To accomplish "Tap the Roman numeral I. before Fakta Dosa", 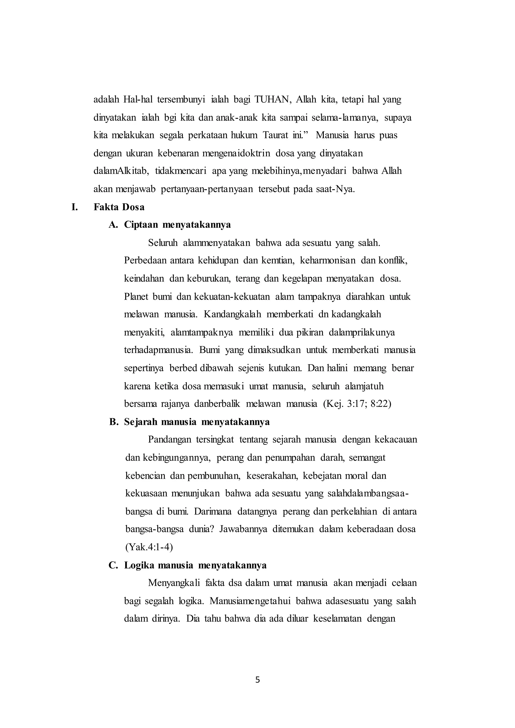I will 75,207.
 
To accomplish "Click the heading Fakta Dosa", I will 119,207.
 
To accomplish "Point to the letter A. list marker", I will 113,224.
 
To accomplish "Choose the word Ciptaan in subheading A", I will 141,224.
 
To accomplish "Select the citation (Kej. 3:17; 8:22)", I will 357,404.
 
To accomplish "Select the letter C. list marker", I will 113,565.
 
